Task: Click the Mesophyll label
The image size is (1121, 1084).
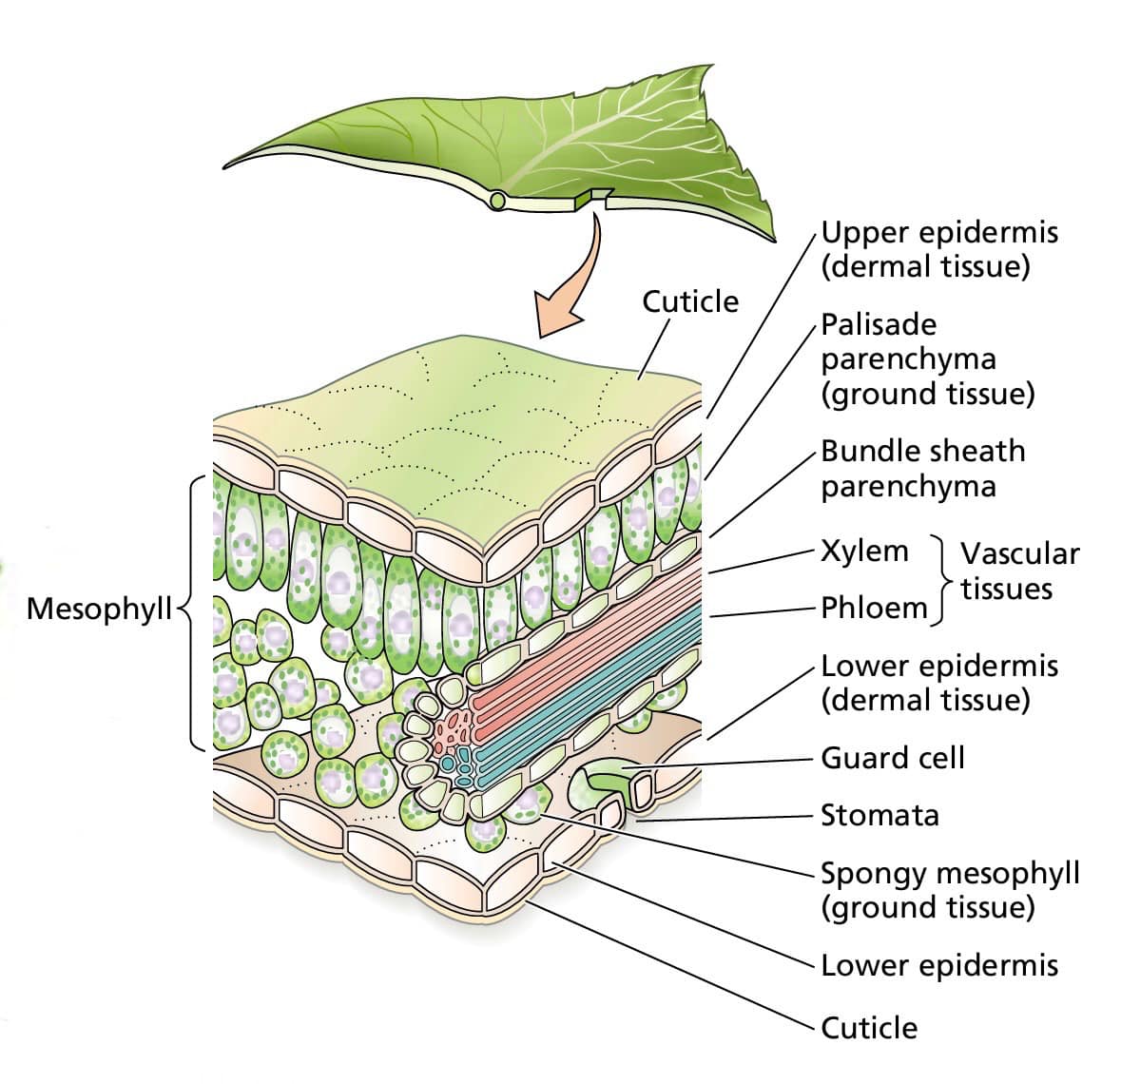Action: (100, 610)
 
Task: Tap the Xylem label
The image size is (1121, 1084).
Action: (864, 552)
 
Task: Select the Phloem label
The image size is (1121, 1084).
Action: (874, 609)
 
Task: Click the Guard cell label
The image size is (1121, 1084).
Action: (893, 758)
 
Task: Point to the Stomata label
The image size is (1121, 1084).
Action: (879, 815)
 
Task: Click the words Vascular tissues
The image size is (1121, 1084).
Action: (1019, 571)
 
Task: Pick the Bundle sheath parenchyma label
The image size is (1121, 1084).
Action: (922, 469)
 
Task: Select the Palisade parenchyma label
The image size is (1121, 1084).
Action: (927, 359)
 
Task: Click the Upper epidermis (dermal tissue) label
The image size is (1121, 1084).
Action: (938, 249)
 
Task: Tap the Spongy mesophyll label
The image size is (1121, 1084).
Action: (950, 890)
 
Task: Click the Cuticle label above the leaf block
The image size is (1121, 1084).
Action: (690, 301)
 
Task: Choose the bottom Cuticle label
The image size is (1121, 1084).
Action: (869, 1028)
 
